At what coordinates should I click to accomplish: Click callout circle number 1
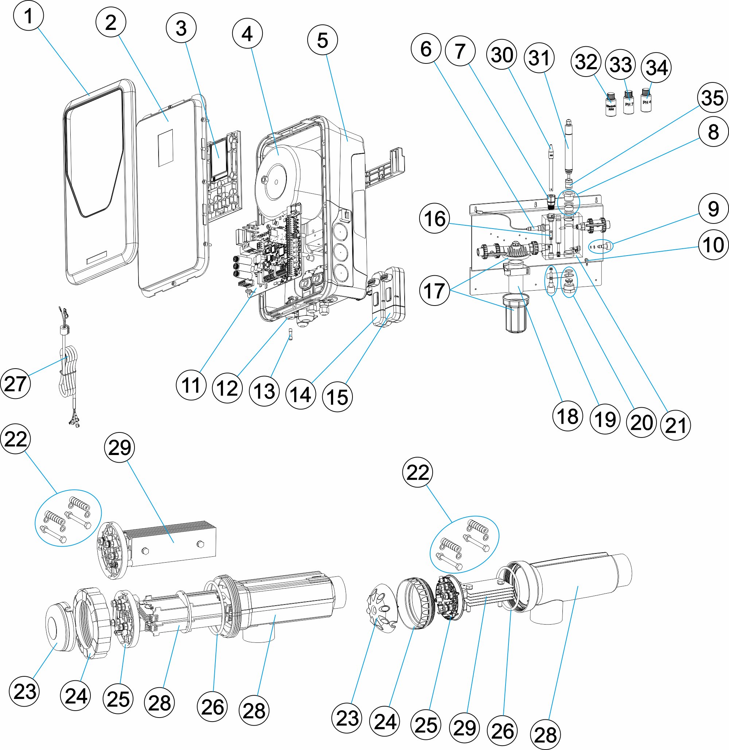pyautogui.click(x=28, y=16)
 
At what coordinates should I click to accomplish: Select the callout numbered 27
pyautogui.click(x=15, y=384)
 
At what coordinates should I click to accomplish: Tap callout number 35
pyautogui.click(x=713, y=98)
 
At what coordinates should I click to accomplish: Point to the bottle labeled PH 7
pyautogui.click(x=629, y=102)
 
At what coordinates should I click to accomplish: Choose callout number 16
pyautogui.click(x=434, y=219)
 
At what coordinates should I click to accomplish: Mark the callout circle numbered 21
pyautogui.click(x=676, y=425)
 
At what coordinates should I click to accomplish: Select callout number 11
pyautogui.click(x=191, y=385)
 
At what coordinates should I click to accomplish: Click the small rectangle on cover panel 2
pyautogui.click(x=165, y=148)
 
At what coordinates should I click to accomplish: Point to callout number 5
pyautogui.click(x=322, y=40)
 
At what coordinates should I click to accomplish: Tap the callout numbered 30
pyautogui.click(x=502, y=55)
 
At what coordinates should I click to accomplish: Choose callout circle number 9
pyautogui.click(x=713, y=209)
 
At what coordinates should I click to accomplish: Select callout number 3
pyautogui.click(x=181, y=28)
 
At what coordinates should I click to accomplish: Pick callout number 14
pyautogui.click(x=301, y=394)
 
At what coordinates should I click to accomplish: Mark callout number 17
pyautogui.click(x=434, y=291)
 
